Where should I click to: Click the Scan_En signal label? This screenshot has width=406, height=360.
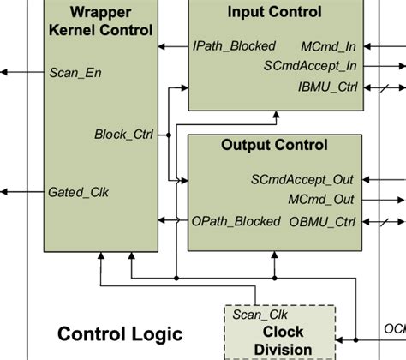point(75,73)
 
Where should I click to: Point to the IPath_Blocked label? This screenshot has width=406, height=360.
point(235,45)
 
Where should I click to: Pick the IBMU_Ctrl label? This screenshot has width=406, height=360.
point(327,87)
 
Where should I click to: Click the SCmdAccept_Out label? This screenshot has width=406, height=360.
point(303,180)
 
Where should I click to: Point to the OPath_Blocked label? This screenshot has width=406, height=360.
point(236,221)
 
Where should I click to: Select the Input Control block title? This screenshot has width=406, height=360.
point(275,12)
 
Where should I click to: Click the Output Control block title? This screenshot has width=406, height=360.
point(274,145)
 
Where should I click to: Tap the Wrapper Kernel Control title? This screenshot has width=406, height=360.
point(100,21)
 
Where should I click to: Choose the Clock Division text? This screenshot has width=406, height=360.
point(283,340)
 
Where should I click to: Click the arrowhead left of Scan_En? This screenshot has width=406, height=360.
point(7,73)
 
